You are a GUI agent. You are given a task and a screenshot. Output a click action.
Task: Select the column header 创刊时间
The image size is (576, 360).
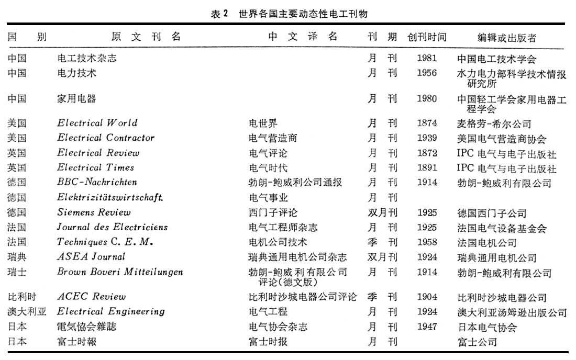click(x=427, y=38)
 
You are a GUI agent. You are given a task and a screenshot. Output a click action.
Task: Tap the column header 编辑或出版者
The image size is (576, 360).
click(x=506, y=38)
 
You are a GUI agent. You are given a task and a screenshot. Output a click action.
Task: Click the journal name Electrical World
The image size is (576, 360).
click(x=97, y=123)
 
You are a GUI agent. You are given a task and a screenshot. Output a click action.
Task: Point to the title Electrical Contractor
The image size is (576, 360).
click(x=106, y=138)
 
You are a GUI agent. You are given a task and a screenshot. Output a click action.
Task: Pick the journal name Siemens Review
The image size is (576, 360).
click(x=94, y=212)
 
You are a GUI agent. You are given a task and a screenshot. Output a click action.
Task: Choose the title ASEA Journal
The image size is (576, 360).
click(x=91, y=257)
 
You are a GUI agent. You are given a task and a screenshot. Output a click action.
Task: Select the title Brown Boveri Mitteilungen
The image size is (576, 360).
click(x=120, y=272)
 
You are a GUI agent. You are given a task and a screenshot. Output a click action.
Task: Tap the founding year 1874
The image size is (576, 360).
click(x=427, y=124)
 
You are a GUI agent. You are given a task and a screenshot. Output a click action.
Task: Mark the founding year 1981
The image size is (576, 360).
click(x=427, y=58)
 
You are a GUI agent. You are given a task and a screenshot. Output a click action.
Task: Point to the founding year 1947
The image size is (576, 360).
click(x=427, y=327)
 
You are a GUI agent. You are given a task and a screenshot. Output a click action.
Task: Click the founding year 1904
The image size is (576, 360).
click(x=427, y=297)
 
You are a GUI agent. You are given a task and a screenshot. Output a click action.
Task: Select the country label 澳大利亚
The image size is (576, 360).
click(x=27, y=312)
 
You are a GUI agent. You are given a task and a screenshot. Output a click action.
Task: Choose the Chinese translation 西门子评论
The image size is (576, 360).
click(x=273, y=213)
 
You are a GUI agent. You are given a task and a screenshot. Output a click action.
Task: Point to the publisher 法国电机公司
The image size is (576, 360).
click(x=486, y=243)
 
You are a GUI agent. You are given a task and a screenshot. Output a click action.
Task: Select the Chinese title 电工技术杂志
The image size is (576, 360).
click(x=87, y=59)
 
